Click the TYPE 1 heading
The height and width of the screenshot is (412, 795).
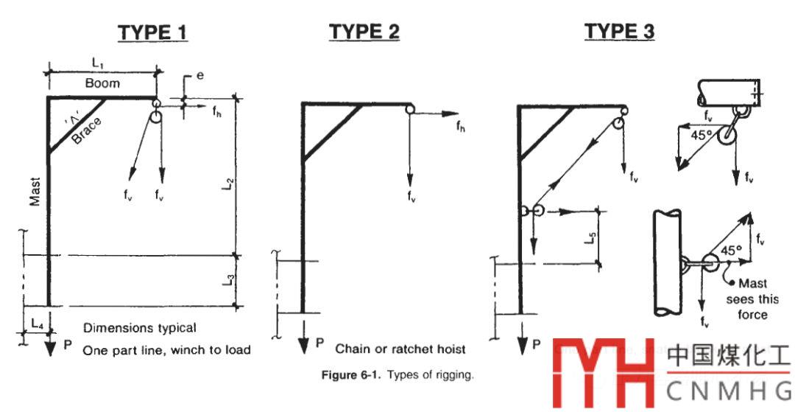click(x=152, y=32)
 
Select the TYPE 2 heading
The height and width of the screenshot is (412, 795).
click(x=364, y=32)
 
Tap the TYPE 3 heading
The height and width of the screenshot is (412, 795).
click(x=620, y=31)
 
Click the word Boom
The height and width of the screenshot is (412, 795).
click(x=102, y=83)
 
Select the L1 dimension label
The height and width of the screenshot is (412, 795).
click(x=98, y=64)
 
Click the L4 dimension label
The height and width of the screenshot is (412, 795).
click(x=38, y=323)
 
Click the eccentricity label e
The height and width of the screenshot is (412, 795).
click(x=200, y=77)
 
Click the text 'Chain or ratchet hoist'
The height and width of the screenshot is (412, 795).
click(x=400, y=349)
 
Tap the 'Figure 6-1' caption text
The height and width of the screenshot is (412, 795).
click(x=397, y=375)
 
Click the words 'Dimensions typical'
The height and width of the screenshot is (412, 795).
click(x=139, y=328)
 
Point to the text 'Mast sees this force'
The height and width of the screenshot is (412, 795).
click(x=746, y=298)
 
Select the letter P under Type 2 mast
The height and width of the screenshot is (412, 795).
click(x=319, y=343)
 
